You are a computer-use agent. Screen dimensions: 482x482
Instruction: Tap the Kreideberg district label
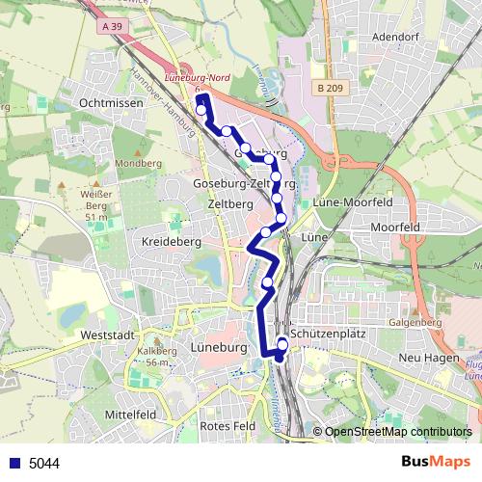click(170, 241)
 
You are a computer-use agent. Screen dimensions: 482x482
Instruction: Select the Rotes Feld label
click(224, 426)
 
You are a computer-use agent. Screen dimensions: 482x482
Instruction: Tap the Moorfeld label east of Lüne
click(395, 228)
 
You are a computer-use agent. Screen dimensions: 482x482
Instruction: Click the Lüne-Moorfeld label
click(350, 203)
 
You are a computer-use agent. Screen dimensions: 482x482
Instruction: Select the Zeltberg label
click(229, 205)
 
